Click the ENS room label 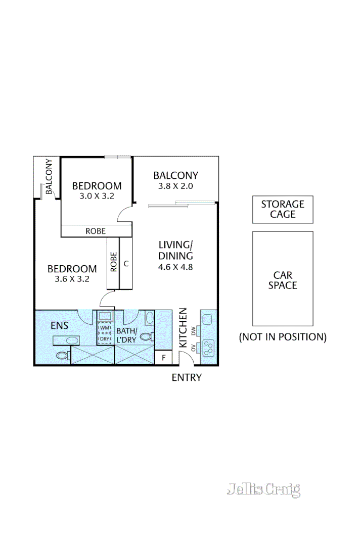click(x=59, y=325)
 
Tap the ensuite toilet click(x=62, y=356)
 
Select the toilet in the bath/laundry click(x=146, y=337)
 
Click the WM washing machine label click(x=105, y=328)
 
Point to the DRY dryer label click(x=105, y=338)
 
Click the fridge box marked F click(x=163, y=358)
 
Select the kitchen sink click(x=207, y=319)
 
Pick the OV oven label click(x=194, y=348)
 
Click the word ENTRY click(x=187, y=377)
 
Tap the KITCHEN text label click(x=183, y=328)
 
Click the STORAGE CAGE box click(x=283, y=210)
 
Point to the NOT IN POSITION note click(x=283, y=337)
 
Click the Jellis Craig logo click(x=263, y=489)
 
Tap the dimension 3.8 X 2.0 click(x=175, y=186)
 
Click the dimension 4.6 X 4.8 click(x=175, y=268)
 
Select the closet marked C click(x=126, y=263)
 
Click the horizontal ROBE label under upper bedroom click(x=96, y=231)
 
